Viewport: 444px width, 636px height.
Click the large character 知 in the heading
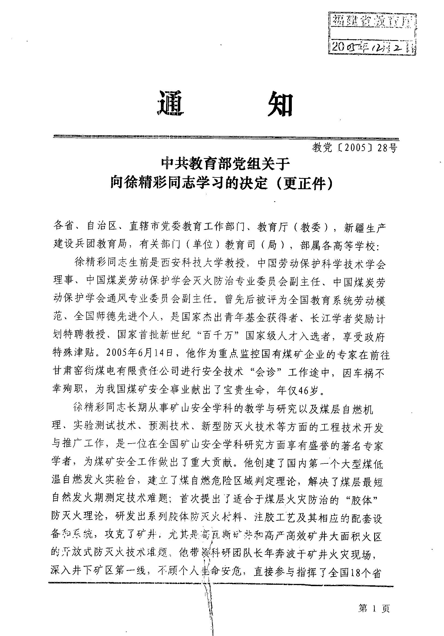point(277,104)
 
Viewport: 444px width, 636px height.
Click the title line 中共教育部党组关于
point(226,165)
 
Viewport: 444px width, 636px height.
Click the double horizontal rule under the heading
point(226,137)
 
